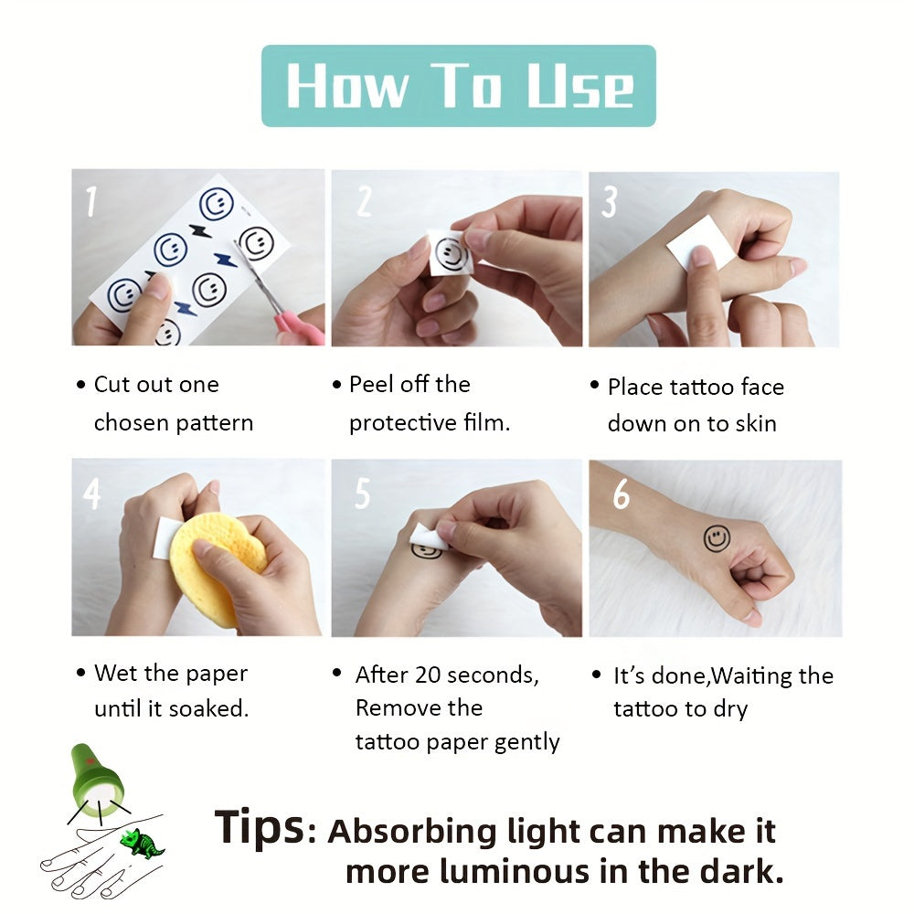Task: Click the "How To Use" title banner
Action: (x=458, y=86)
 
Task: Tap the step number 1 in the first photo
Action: (x=90, y=202)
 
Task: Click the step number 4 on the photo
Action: (x=91, y=494)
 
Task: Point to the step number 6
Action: (x=621, y=494)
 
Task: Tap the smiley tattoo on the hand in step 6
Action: (x=717, y=538)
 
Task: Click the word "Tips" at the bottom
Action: (x=259, y=827)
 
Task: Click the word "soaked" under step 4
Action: (x=213, y=708)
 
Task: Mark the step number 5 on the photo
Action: (x=362, y=494)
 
